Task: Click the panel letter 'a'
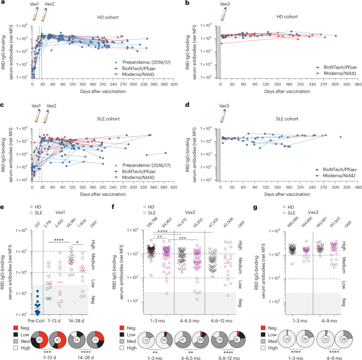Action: [x=4, y=3]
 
